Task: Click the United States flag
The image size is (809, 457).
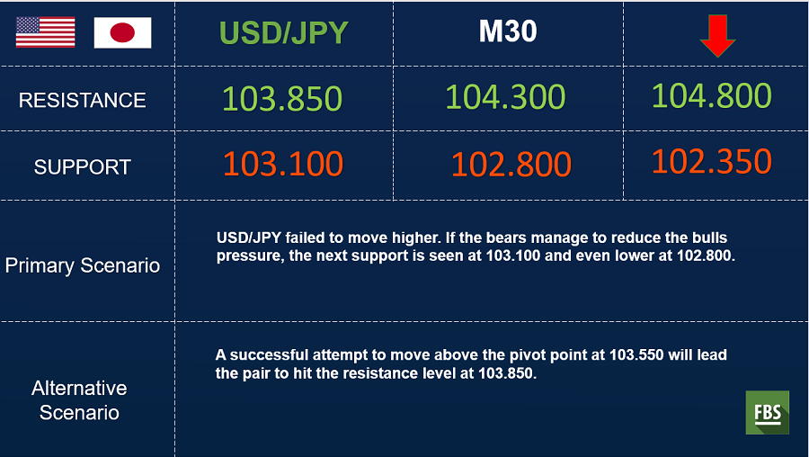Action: coord(46,32)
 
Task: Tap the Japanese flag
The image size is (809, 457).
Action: coord(123,32)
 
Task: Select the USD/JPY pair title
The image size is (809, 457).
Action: coord(284,32)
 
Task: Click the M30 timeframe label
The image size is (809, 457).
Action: coord(508,31)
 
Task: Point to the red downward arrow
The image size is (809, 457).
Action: coord(717,36)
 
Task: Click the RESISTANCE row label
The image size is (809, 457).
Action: coord(83,100)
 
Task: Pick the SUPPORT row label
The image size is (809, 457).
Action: coord(83,166)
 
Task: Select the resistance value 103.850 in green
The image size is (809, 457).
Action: coord(282,99)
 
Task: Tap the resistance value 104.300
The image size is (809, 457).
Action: coord(505,96)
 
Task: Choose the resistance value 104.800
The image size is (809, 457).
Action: coord(712,95)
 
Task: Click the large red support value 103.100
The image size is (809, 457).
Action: coord(283,164)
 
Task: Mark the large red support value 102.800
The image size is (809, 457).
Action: coord(511,165)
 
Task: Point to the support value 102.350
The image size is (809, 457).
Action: coord(712,161)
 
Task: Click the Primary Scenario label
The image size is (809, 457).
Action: coord(83,265)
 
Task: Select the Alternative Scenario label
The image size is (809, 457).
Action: coord(79,400)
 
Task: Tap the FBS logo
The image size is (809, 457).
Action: coord(768,413)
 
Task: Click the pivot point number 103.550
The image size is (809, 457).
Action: coord(636,355)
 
